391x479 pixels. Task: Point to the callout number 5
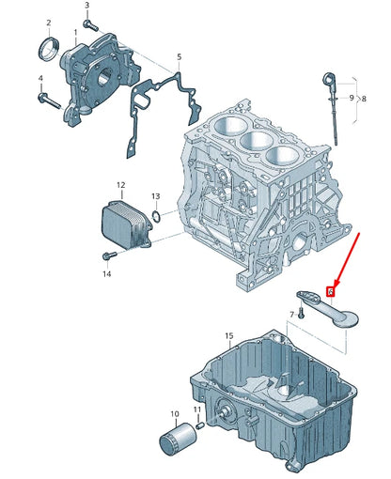tap(179, 58)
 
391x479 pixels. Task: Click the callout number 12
tap(120, 185)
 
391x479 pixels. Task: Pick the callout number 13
tap(156, 196)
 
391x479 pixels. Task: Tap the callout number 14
tap(107, 273)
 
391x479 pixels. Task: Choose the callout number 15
tap(228, 335)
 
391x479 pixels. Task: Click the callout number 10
tap(173, 413)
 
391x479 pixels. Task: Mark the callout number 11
tap(197, 410)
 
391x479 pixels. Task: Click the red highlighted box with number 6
tap(330, 292)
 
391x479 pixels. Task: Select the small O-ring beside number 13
tap(156, 217)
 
